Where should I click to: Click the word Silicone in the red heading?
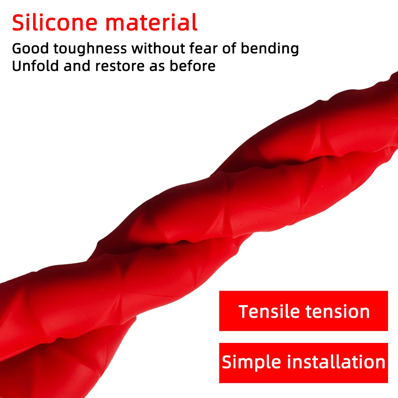[x=55, y=23]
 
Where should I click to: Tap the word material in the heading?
[x=152, y=23]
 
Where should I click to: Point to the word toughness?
[x=90, y=49]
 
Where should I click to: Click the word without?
[x=158, y=48]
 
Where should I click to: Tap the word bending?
[x=270, y=49]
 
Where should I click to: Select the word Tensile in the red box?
[x=269, y=311]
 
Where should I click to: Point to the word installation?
[x=336, y=362]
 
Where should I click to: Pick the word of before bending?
[x=229, y=48]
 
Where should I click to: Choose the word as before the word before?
[x=157, y=66]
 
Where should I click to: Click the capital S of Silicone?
[x=19, y=23]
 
